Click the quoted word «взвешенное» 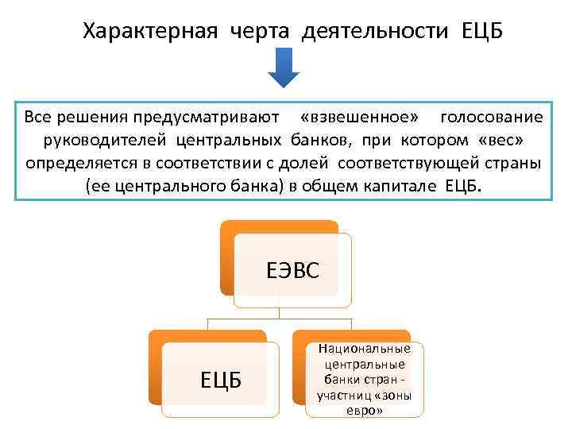click(359, 118)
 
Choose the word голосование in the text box click(492, 118)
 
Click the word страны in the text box click(516, 164)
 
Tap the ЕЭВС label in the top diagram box click(292, 272)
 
